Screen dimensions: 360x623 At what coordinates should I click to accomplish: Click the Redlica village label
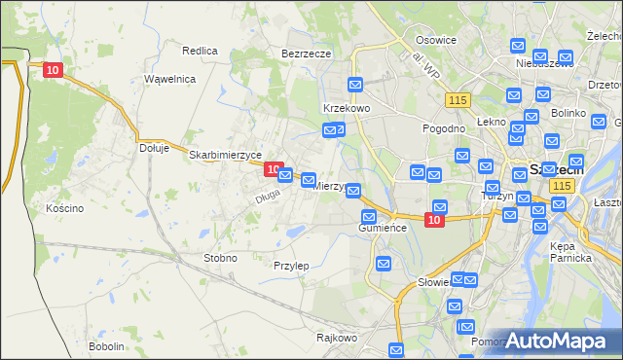click(200, 50)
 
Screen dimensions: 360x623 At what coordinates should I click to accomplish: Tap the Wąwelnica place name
click(170, 78)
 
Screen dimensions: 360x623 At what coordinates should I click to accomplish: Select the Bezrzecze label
click(307, 54)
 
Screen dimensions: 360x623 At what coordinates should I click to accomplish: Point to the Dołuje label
click(155, 148)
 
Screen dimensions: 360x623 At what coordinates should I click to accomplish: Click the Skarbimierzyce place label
click(225, 155)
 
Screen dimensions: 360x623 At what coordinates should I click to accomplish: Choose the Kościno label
click(64, 208)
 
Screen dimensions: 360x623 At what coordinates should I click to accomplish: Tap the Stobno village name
click(219, 258)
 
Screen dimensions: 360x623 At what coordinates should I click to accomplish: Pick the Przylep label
click(291, 266)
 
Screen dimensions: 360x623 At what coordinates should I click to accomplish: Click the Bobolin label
click(106, 346)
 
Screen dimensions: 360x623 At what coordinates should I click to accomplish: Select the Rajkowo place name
click(337, 339)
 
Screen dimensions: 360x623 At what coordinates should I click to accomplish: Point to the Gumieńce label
click(381, 228)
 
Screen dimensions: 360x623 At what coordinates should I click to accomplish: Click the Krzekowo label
click(346, 108)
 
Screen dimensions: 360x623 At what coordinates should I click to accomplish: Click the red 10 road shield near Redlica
click(54, 69)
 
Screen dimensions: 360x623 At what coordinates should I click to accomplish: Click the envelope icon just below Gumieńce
click(384, 264)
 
